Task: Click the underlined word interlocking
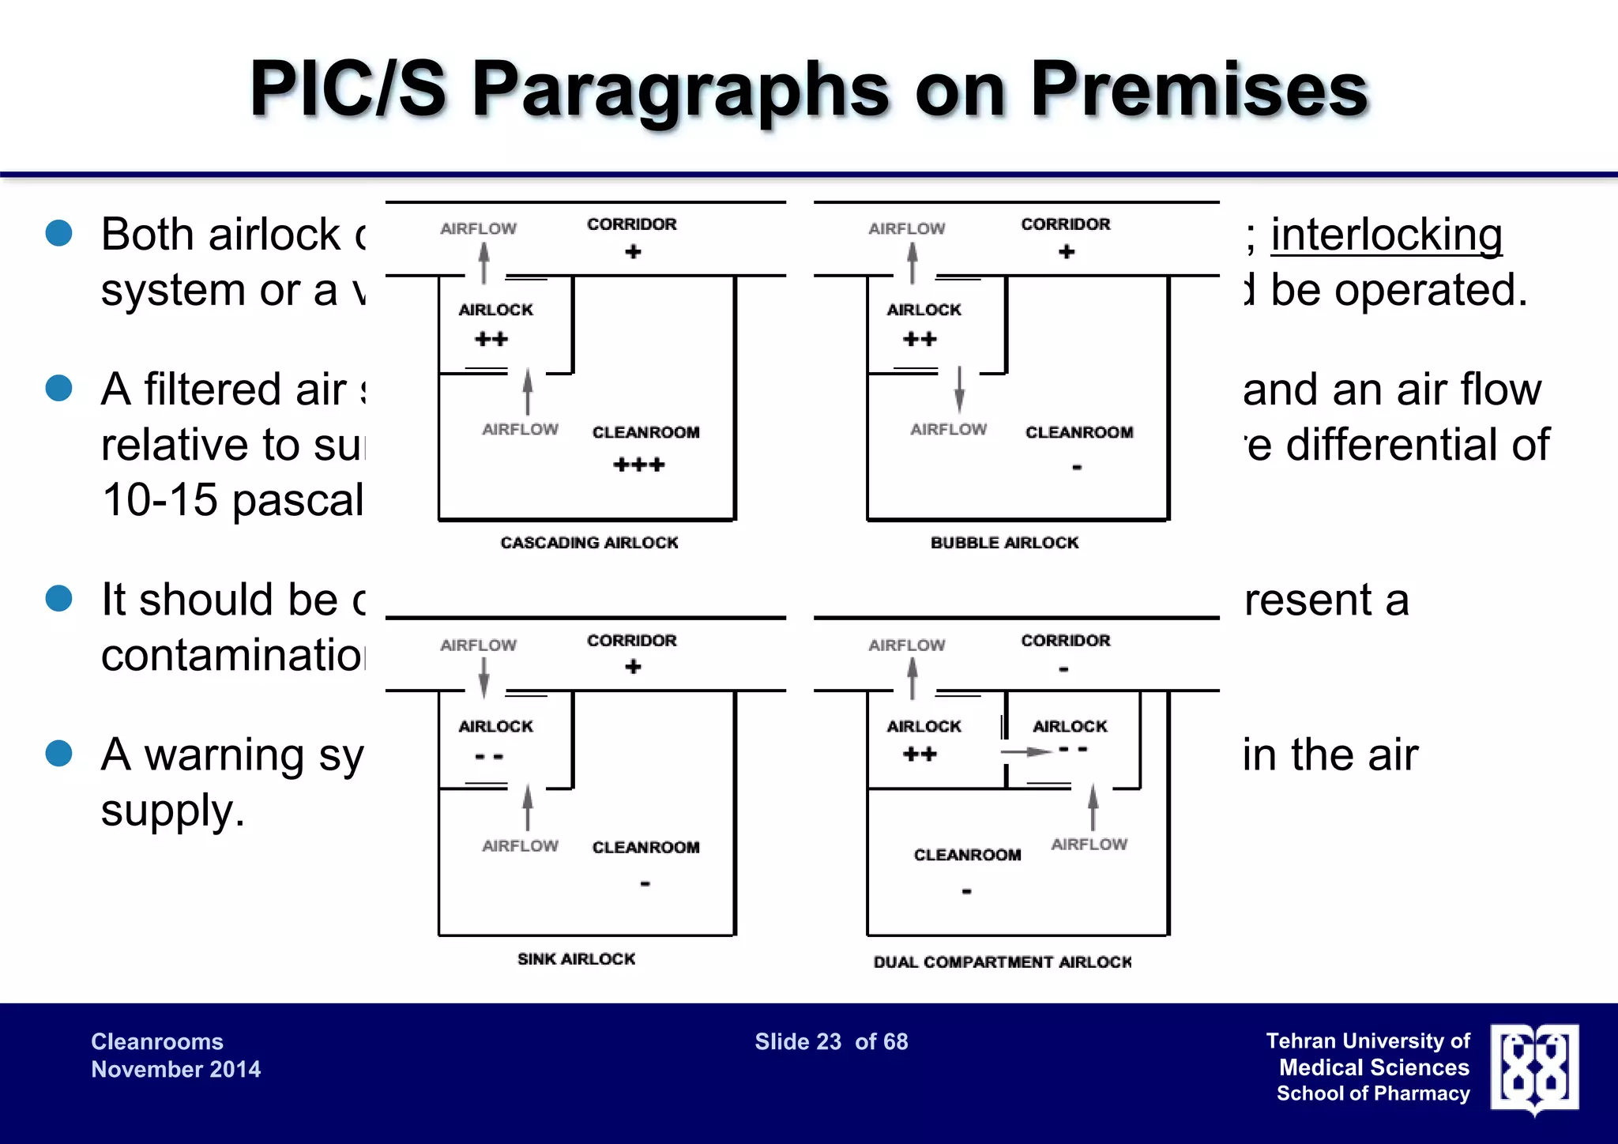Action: (1386, 235)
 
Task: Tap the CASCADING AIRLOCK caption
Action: (589, 543)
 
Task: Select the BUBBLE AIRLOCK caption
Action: (1004, 543)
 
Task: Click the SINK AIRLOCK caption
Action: (576, 959)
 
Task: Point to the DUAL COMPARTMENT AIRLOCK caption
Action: (1002, 962)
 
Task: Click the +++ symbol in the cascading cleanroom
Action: (638, 465)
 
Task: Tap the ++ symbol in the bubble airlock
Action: (920, 340)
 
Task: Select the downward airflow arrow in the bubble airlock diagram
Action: (959, 389)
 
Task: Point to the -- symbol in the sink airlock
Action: (489, 757)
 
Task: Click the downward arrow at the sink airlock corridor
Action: (484, 677)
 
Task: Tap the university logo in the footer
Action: (1534, 1068)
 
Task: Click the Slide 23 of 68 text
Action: (831, 1042)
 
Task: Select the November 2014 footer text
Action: (175, 1070)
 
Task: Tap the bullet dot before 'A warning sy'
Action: (59, 753)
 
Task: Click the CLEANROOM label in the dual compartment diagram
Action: (967, 855)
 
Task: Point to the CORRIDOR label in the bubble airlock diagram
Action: (1065, 224)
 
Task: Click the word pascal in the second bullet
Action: (298, 501)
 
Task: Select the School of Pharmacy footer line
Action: (1372, 1093)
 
